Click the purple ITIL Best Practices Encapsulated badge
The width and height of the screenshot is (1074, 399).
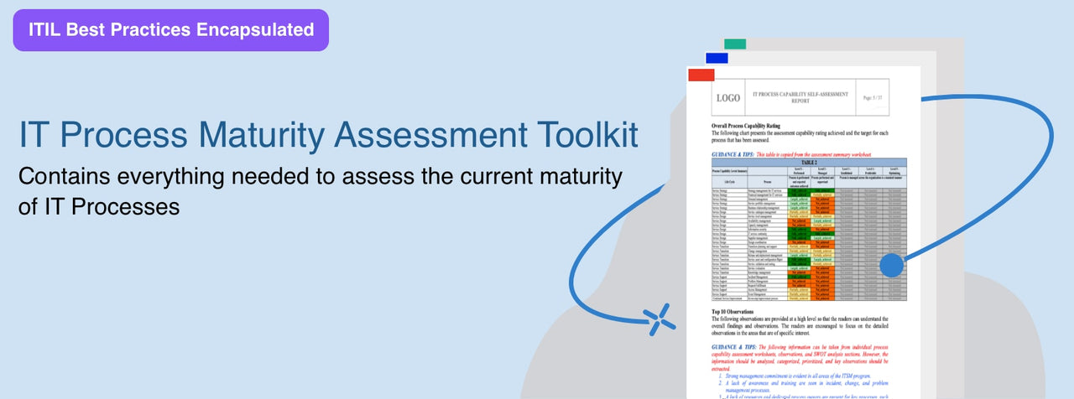pos(171,30)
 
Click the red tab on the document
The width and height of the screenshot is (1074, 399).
pos(701,75)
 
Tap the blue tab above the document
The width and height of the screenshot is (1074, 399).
pos(717,58)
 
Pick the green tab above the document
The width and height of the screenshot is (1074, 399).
pos(735,44)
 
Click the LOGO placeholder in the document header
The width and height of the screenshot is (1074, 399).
pos(727,98)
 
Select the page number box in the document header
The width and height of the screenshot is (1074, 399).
pos(873,98)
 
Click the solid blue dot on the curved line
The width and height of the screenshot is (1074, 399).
pos(891,267)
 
